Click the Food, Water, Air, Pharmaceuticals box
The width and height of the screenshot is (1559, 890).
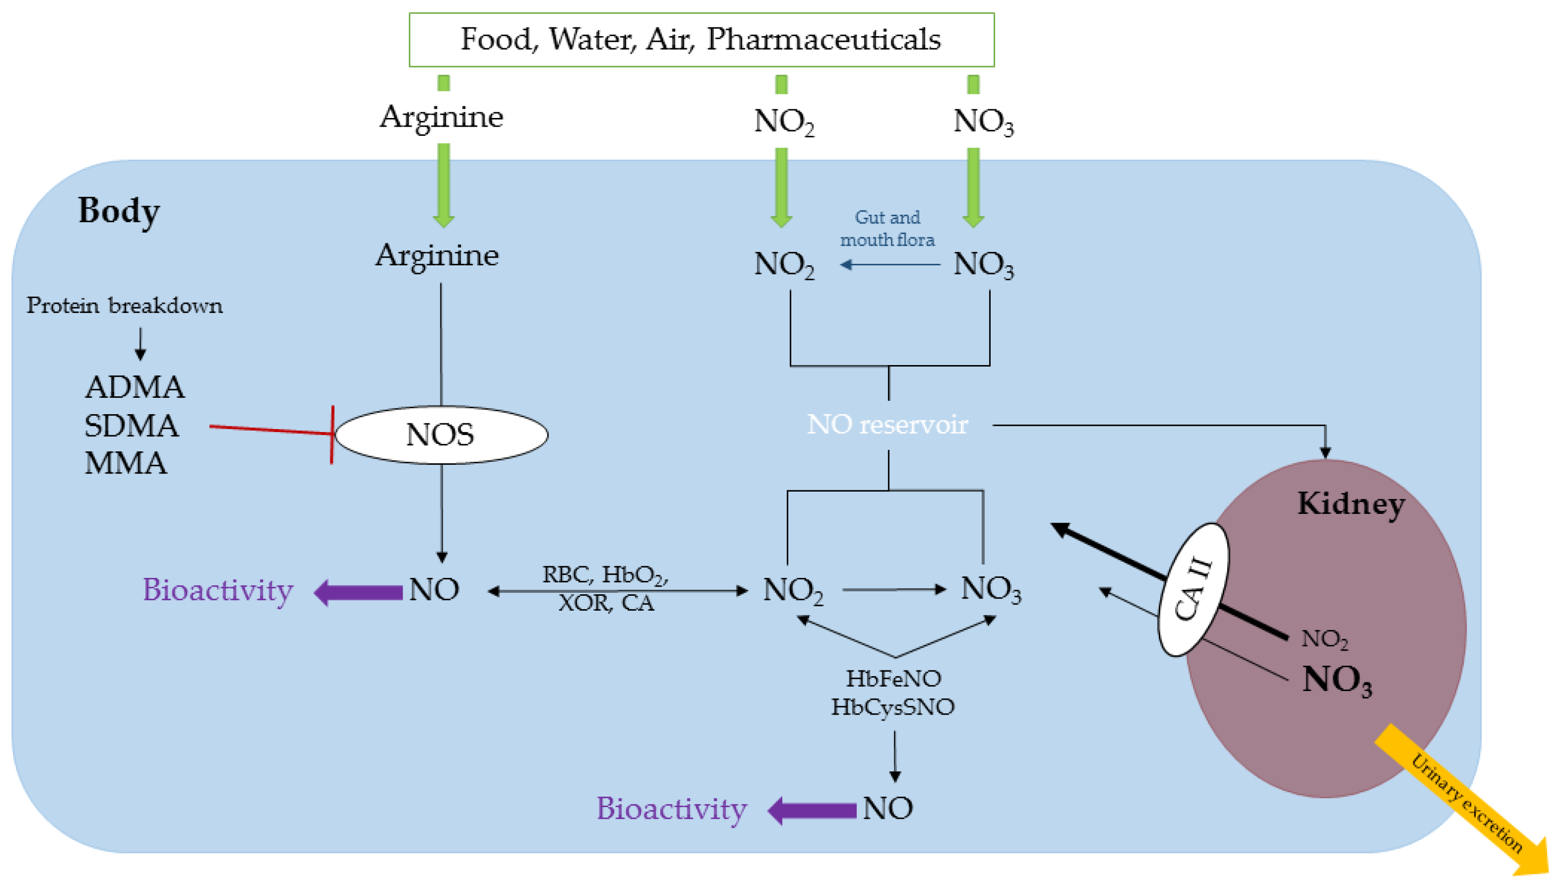click(701, 39)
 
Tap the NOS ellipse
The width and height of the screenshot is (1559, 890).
click(441, 434)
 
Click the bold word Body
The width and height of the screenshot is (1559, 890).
click(118, 211)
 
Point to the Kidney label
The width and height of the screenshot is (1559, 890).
click(1350, 504)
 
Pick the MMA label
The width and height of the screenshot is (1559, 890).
click(125, 463)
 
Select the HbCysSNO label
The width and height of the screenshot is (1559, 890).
click(892, 707)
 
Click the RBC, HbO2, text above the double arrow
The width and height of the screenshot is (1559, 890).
click(605, 575)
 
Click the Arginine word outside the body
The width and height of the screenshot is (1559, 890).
click(441, 117)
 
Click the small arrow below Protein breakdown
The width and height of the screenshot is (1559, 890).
click(141, 343)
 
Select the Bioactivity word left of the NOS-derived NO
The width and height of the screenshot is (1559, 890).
click(218, 590)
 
